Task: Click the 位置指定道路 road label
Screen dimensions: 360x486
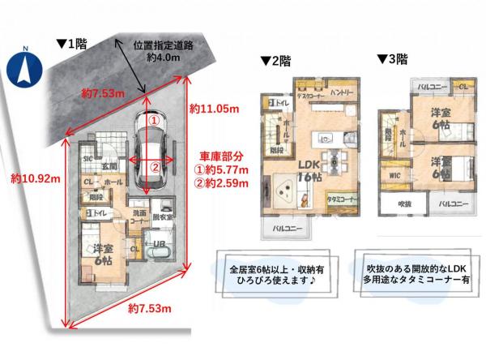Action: pyautogui.click(x=166, y=47)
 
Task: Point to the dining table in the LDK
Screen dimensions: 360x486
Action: pyautogui.click(x=332, y=155)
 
